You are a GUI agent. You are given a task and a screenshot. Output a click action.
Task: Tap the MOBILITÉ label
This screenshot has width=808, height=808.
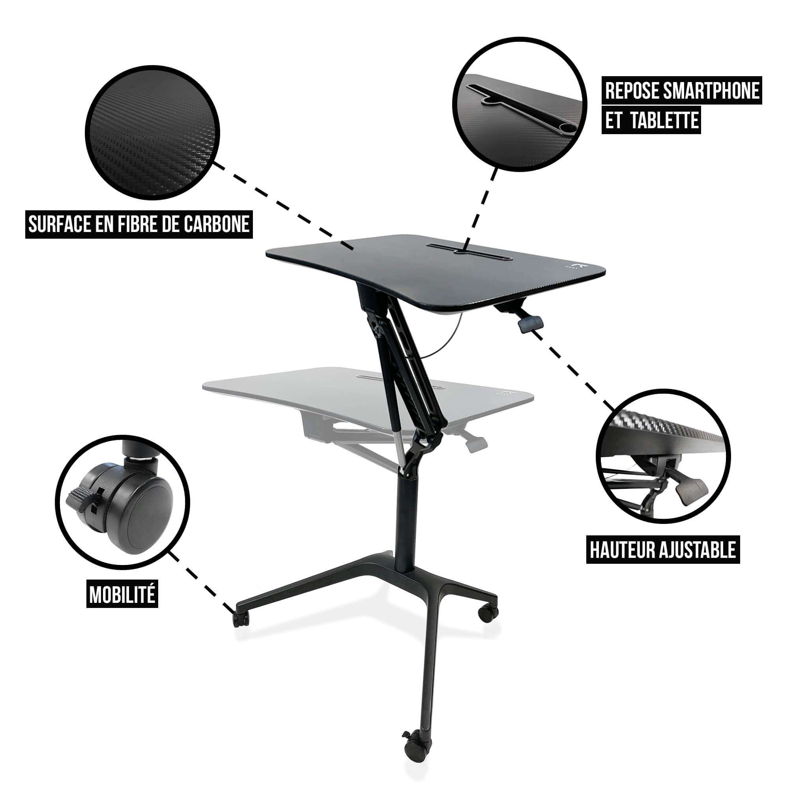(x=122, y=595)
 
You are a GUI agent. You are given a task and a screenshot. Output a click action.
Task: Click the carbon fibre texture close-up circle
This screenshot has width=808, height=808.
(x=152, y=133)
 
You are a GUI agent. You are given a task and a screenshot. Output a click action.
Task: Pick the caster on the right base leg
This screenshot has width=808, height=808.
(x=488, y=613)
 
